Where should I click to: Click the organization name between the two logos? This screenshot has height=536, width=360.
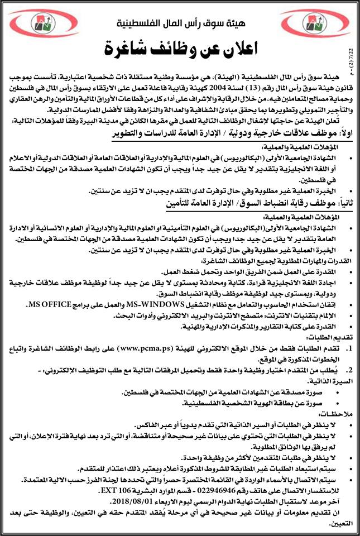[180, 26]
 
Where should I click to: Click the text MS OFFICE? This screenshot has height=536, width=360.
[54, 304]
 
